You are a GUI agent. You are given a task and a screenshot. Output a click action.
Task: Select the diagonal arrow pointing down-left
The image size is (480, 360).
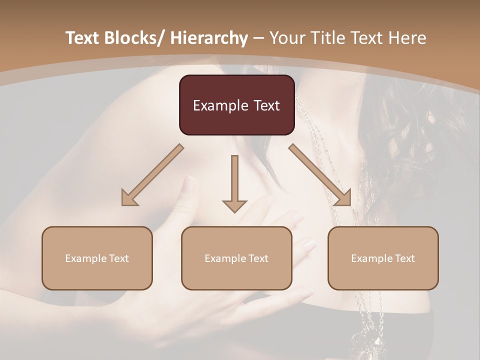tap(152, 175)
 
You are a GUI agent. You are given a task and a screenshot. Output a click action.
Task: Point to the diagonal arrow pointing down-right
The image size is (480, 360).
tap(320, 175)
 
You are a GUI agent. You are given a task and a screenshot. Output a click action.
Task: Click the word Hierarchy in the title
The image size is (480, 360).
tap(208, 38)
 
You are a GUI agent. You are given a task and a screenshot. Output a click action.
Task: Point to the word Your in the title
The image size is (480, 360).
tap(287, 38)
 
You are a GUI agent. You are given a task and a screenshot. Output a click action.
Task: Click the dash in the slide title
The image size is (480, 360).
tap(258, 38)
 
